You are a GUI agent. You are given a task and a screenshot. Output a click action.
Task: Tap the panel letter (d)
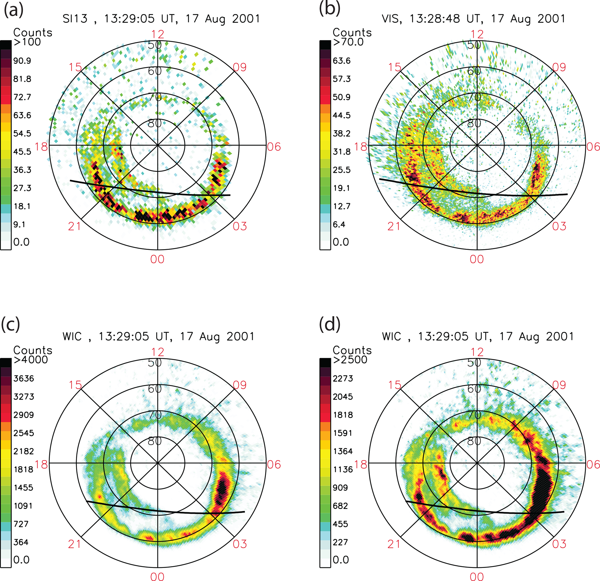[x=330, y=324]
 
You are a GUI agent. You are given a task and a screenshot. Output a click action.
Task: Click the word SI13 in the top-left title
[x=75, y=19]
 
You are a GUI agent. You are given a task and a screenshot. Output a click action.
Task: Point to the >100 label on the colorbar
[x=27, y=42]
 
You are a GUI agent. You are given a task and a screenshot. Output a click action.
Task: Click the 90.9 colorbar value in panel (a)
[x=22, y=61]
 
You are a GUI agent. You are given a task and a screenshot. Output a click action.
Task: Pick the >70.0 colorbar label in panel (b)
[x=348, y=42]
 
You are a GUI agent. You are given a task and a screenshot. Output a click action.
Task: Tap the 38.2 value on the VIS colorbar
[x=342, y=134]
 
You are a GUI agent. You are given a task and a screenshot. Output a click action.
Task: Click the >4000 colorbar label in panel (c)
[x=30, y=359]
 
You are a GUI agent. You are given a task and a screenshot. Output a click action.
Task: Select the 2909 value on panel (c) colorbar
[x=24, y=415]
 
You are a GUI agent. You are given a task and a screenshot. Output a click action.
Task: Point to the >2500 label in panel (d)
[x=350, y=359]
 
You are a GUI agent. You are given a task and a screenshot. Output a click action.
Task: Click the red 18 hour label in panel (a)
[x=41, y=147]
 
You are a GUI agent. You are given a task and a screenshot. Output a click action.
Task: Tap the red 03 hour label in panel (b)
[x=559, y=226]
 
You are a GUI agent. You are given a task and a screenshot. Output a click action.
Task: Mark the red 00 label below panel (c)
[x=157, y=576]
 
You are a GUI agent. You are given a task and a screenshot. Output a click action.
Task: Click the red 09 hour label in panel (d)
[x=559, y=385]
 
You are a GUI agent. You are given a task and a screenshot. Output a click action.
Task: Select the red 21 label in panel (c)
[x=74, y=544]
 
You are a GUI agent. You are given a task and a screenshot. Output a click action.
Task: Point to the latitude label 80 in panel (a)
[x=155, y=123]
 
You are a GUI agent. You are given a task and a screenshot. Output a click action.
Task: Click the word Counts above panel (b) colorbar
[x=352, y=33]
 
